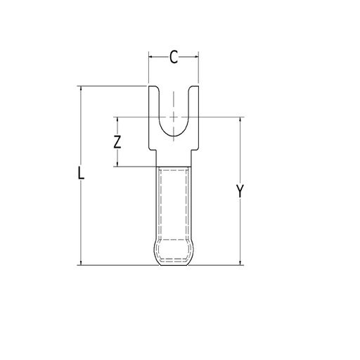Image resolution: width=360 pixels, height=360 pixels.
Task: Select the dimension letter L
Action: tap(82, 174)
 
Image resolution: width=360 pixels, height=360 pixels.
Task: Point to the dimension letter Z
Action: tap(118, 141)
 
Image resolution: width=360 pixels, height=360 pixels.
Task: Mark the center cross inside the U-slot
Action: tap(174, 117)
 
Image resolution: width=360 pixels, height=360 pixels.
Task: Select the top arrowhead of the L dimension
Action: tap(82, 89)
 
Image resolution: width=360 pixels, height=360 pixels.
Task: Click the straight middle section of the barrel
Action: tap(174, 204)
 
